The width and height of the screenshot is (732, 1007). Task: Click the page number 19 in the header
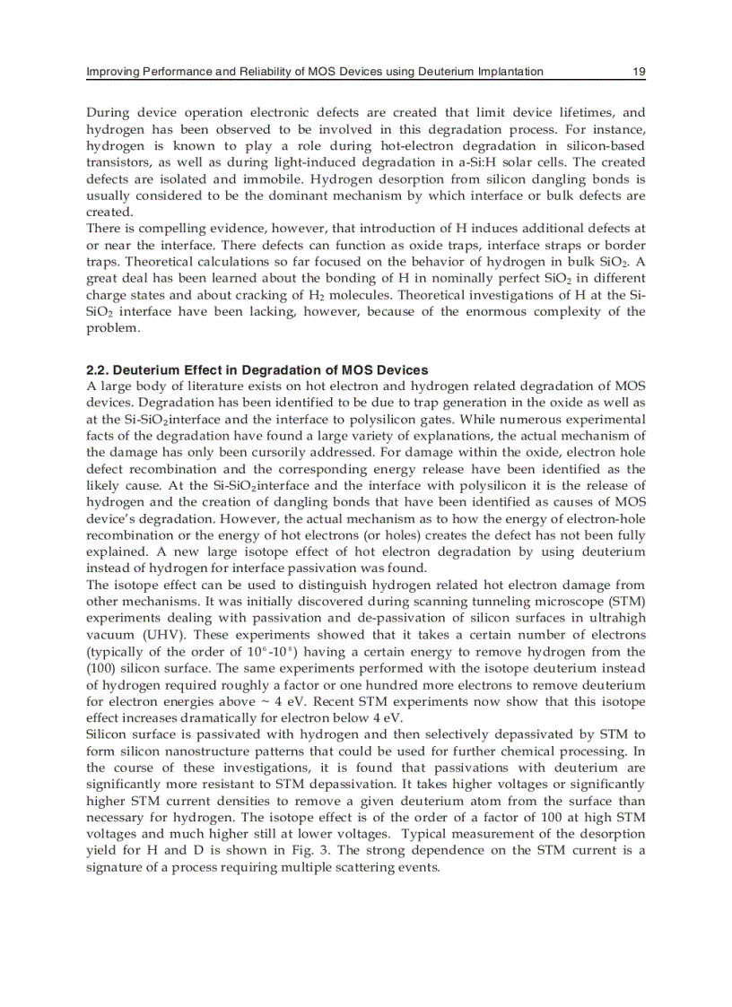coord(639,71)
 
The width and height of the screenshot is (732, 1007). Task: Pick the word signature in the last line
coord(114,867)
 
